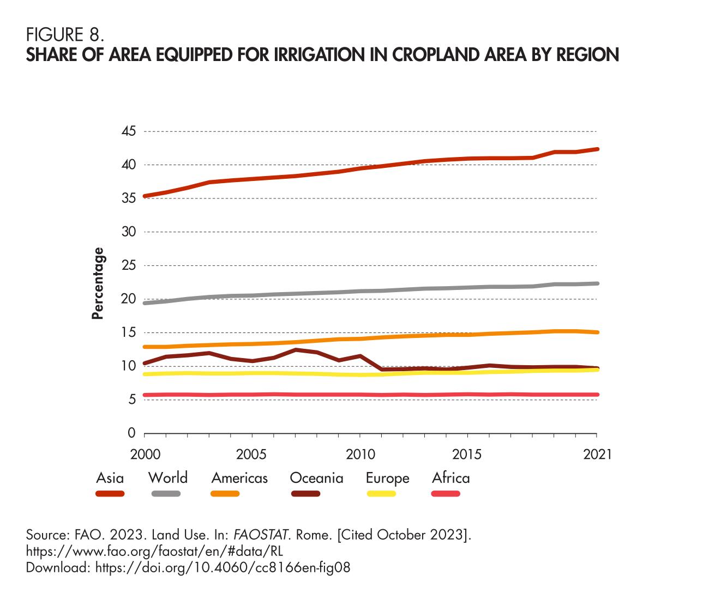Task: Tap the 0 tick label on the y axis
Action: coord(131,433)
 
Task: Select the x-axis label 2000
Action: coord(144,455)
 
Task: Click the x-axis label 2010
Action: coord(360,455)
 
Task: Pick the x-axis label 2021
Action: coord(597,455)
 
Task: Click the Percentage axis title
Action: coord(98,283)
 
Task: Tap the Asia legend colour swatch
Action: coord(110,494)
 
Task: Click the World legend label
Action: coord(168,478)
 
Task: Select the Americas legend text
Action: coord(239,478)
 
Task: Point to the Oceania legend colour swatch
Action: coord(305,494)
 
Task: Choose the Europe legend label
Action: coord(387,478)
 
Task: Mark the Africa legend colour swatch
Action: coord(446,494)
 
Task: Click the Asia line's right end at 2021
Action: coord(597,149)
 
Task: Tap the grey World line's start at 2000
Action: coord(145,302)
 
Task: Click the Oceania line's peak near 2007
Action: coord(295,350)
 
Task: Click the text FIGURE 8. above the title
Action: coord(65,35)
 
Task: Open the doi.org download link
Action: coord(223,567)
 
